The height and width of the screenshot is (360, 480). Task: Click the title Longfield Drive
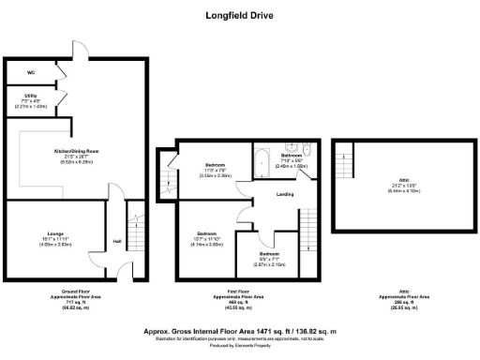pos(239,15)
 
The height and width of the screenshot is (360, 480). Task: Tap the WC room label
pos(31,72)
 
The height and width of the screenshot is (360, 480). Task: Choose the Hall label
pos(116,241)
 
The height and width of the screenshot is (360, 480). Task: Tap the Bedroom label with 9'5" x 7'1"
pos(269,254)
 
